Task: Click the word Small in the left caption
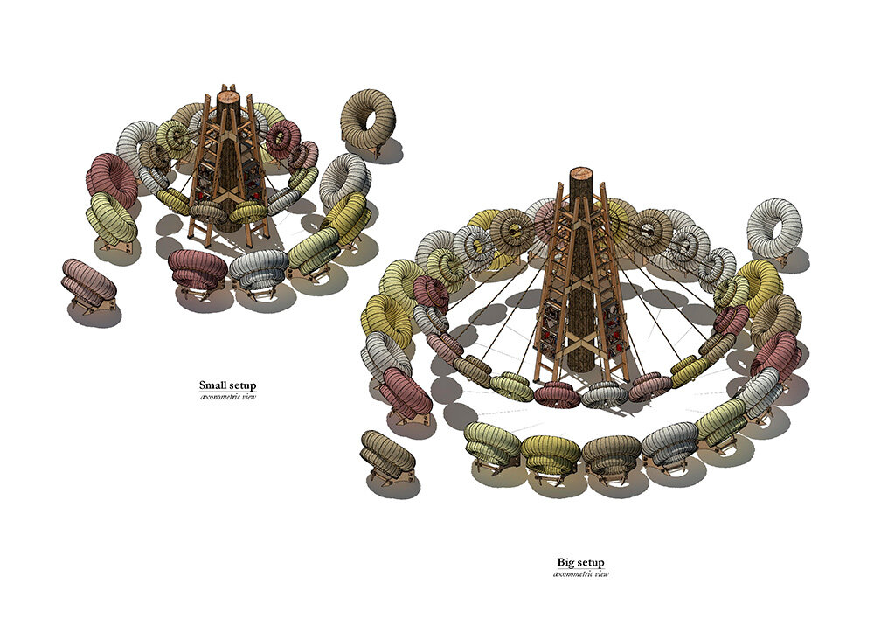pyautogui.click(x=212, y=385)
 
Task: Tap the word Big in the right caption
pyautogui.click(x=565, y=562)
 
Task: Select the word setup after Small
pyautogui.click(x=242, y=385)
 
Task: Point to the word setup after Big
pyautogui.click(x=591, y=563)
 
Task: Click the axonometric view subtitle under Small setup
pyautogui.click(x=228, y=398)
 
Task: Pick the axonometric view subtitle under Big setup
pyautogui.click(x=581, y=574)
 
